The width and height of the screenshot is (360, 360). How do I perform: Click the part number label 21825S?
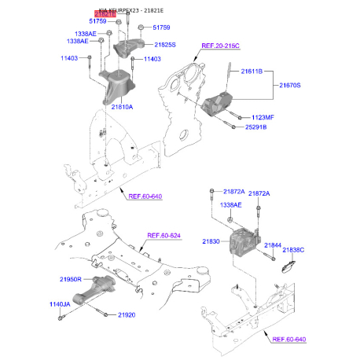pos(165,45)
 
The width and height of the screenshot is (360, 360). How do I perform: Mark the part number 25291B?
pos(255,126)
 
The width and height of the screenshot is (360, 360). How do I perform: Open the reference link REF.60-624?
pos(164,236)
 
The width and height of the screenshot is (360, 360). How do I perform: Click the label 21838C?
pos(293,249)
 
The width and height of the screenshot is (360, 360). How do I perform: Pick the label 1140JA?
pos(61,304)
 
